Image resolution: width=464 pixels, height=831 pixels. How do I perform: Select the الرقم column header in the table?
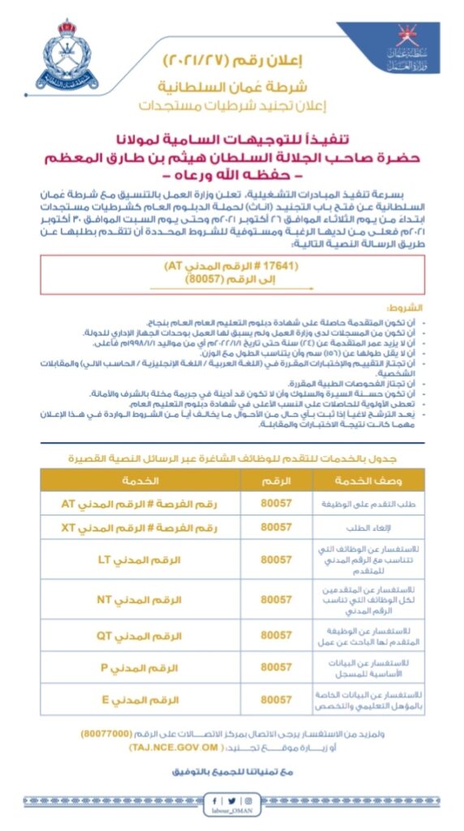coord(277,480)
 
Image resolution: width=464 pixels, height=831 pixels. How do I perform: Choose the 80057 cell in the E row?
coord(277,699)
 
